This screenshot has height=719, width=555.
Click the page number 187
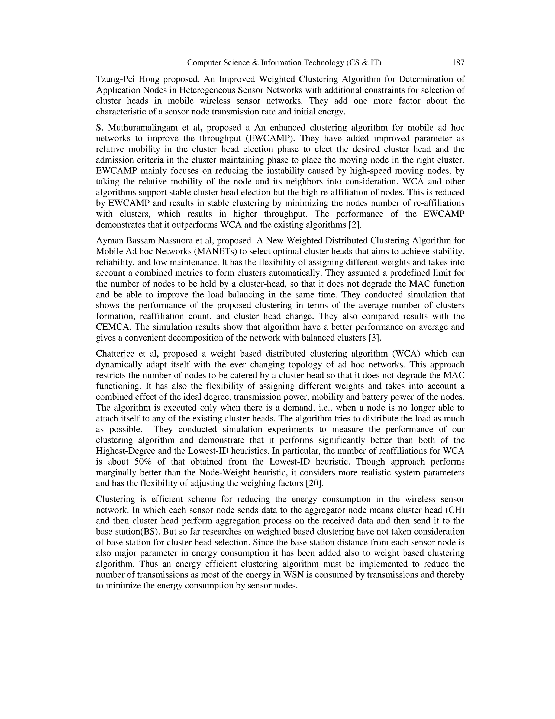[458, 63]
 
